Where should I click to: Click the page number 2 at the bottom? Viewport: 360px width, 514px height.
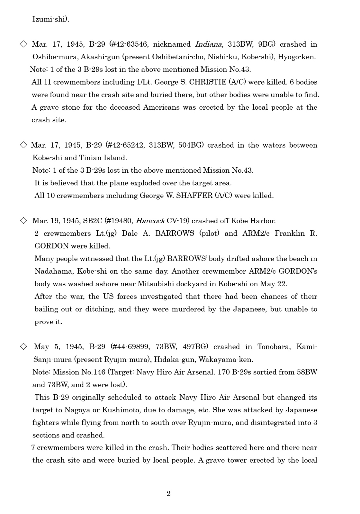168,494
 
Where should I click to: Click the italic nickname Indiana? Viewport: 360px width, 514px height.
208,44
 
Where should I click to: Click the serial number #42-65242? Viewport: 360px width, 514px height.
125,145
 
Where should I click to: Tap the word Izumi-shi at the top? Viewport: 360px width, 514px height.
50,19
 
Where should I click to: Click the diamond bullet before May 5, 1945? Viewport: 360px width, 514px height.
23,346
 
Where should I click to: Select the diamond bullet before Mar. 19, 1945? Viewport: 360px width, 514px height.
23,220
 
